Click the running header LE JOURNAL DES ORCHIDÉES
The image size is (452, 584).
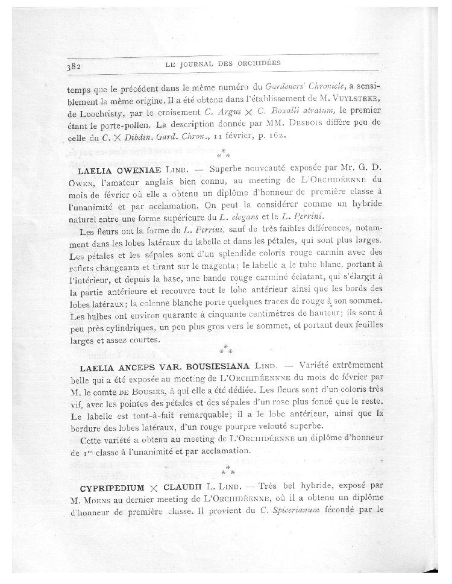coord(223,63)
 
